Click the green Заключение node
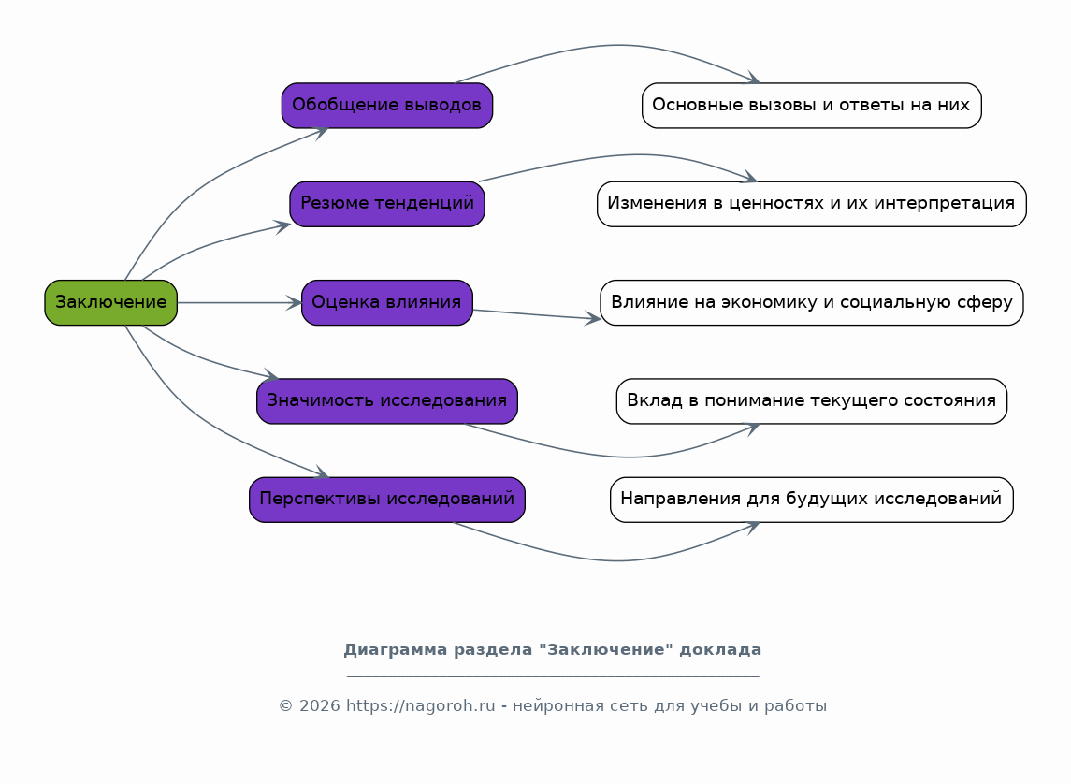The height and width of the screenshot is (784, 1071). [x=110, y=302]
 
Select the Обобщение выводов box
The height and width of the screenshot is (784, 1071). [x=386, y=105]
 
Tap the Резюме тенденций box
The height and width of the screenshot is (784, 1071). [x=386, y=203]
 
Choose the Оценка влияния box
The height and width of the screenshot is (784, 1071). [x=386, y=302]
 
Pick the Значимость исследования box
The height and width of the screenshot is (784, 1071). [x=386, y=400]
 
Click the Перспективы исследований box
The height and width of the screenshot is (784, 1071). [x=386, y=499]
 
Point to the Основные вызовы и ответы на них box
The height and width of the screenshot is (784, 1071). [x=811, y=105]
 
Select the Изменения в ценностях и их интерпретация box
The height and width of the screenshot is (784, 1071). [x=811, y=203]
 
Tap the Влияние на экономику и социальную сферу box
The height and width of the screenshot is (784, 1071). [x=811, y=302]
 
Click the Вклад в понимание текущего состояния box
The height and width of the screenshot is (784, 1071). [x=811, y=400]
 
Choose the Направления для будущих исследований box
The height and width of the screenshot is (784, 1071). [x=811, y=499]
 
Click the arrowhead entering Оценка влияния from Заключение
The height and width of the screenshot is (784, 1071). [x=295, y=302]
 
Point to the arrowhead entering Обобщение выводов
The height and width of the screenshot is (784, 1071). [x=322, y=130]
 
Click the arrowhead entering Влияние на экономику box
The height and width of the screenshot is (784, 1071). [x=592, y=319]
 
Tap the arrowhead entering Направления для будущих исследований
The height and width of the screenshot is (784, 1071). [x=752, y=526]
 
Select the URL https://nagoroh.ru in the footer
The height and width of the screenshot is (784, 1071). [x=420, y=705]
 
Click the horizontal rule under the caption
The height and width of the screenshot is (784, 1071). [x=552, y=675]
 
